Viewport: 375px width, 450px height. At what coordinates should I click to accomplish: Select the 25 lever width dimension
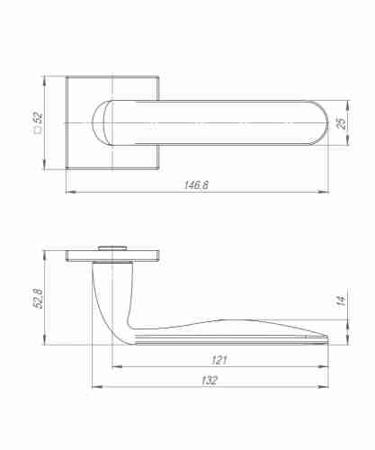(342, 122)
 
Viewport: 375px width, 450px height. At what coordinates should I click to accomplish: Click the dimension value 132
(210, 381)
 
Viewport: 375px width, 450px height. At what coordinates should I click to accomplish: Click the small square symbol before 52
(38, 131)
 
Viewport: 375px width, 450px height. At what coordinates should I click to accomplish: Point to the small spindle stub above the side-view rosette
(114, 244)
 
